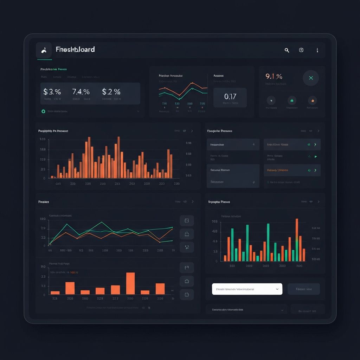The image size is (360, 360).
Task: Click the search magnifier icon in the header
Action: click(x=287, y=50)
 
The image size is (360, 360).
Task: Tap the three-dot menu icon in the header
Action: click(x=317, y=50)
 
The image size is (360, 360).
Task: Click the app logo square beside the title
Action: click(x=44, y=50)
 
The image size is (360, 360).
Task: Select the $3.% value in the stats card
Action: click(x=52, y=92)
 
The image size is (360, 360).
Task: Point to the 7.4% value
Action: click(x=81, y=92)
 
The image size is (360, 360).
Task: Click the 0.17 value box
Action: click(x=230, y=97)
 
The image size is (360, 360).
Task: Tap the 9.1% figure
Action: click(x=274, y=76)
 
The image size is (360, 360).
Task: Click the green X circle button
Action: click(x=311, y=78)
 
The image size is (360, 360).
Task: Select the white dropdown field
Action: click(x=247, y=289)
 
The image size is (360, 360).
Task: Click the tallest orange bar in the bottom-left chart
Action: click(x=130, y=283)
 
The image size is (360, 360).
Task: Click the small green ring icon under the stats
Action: click(x=43, y=111)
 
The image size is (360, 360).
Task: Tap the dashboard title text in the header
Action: click(x=75, y=50)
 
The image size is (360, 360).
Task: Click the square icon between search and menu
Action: click(x=301, y=50)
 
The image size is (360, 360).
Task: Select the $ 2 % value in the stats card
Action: click(x=111, y=92)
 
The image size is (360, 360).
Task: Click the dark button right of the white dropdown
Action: click(x=304, y=289)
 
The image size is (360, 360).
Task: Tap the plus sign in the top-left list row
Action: click(x=254, y=144)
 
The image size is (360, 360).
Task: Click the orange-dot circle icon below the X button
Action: click(x=312, y=101)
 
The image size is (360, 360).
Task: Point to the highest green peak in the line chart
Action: click(x=102, y=222)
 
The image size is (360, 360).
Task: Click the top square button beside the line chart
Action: click(x=187, y=220)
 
